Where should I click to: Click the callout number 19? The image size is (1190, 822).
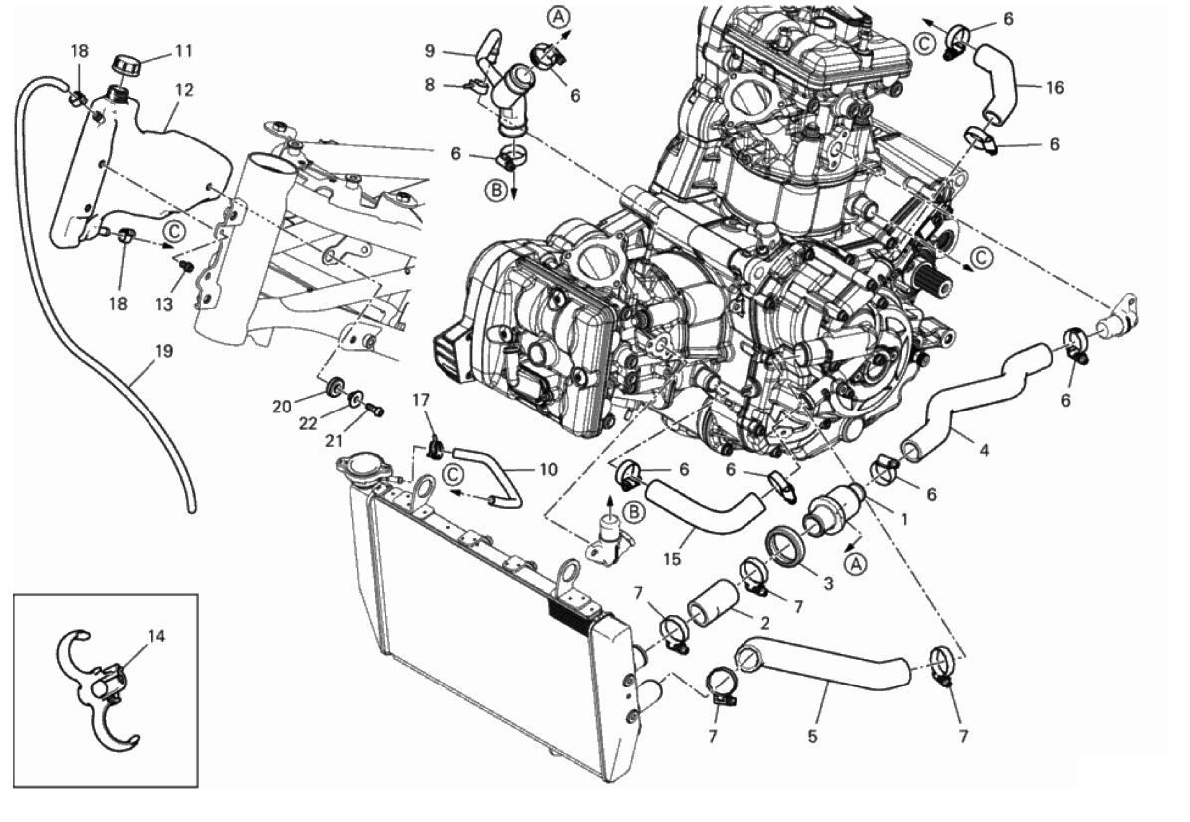point(164,351)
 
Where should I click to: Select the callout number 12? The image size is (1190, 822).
point(183,89)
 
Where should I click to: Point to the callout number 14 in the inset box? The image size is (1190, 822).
point(156,633)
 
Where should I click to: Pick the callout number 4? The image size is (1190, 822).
point(984,449)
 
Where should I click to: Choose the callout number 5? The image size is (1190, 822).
point(812,738)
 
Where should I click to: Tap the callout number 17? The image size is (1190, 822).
point(421,401)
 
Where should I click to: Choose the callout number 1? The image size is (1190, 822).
point(904,518)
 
